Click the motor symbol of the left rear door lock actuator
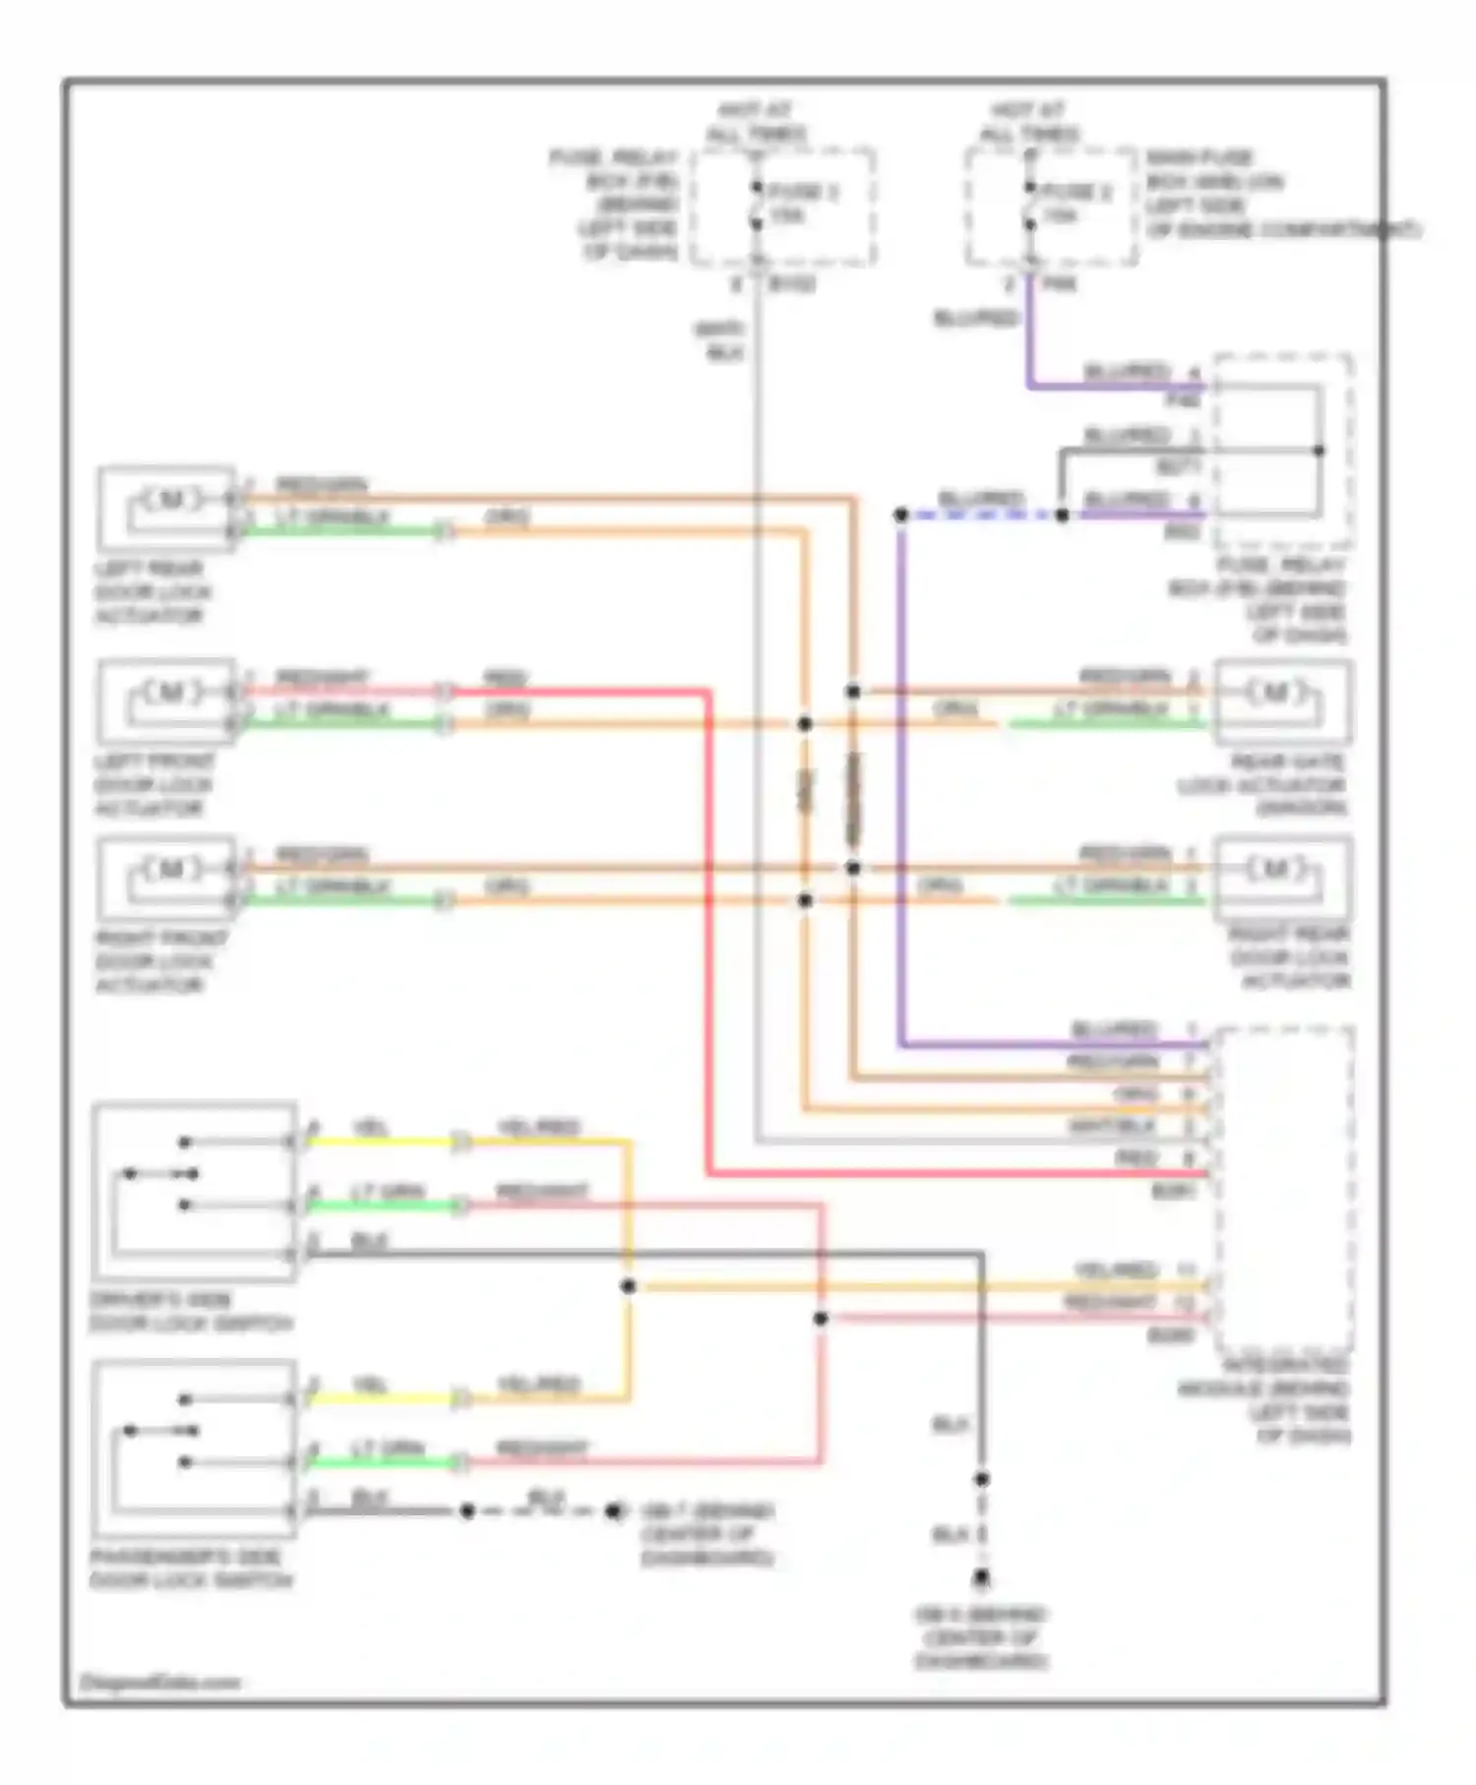(170, 500)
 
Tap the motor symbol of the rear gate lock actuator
(1275, 693)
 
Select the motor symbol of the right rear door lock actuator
(1275, 869)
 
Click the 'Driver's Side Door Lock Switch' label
(191, 1312)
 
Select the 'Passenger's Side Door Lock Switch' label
(191, 1569)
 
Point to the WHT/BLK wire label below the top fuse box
(722, 340)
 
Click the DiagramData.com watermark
(160, 1683)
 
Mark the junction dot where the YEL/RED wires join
(628, 1286)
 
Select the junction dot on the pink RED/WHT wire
(821, 1319)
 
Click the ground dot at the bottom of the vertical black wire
(981, 1579)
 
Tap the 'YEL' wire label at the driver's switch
(370, 1129)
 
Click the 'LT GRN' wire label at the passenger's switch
(388, 1448)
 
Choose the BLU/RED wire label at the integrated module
(1114, 1029)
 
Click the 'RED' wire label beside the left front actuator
(505, 678)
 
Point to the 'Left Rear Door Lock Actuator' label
(152, 592)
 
